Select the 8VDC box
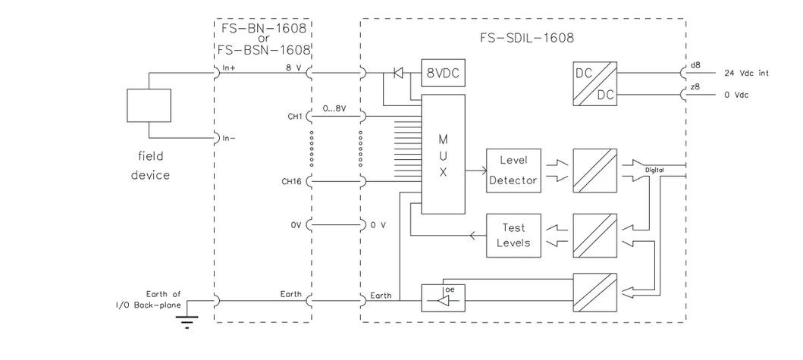click(443, 74)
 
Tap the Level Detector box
click(513, 170)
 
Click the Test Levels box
click(513, 236)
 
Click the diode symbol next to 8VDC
click(397, 74)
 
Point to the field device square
click(149, 105)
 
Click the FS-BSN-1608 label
click(262, 52)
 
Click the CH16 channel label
click(292, 181)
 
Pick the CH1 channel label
click(295, 117)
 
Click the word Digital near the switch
click(654, 171)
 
